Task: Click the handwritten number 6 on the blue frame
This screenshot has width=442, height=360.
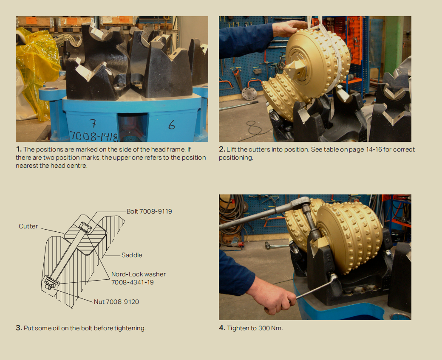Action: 171,124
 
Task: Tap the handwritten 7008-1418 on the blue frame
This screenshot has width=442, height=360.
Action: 93,136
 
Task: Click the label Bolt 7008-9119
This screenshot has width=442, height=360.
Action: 149,211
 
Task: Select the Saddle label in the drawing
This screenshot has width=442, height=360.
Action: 132,255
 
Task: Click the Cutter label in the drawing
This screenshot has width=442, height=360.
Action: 28,226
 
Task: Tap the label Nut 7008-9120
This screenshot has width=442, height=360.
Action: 116,302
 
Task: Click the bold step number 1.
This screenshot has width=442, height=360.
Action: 19,149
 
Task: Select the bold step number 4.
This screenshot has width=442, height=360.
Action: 222,328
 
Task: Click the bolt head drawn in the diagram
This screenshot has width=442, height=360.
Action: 85,227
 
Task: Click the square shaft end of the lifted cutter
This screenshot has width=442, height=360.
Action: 295,70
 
